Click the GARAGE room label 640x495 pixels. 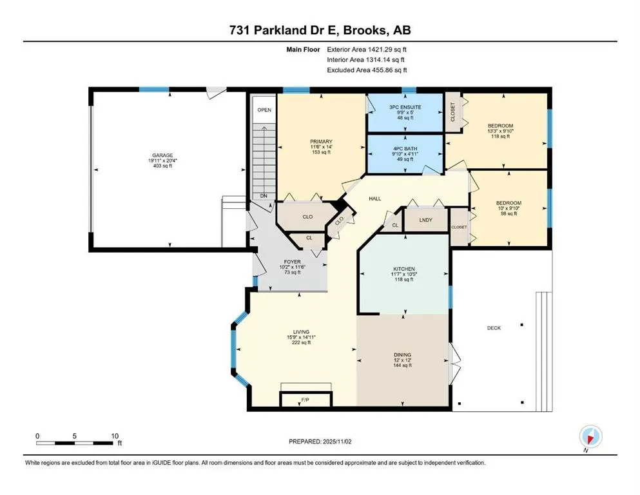(x=162, y=155)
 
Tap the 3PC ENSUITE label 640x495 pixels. (x=405, y=107)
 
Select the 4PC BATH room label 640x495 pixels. (x=405, y=149)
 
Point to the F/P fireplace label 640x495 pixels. (x=305, y=400)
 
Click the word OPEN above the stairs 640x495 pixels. (x=264, y=110)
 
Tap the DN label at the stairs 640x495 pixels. (x=264, y=196)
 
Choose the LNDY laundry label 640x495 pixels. (x=426, y=220)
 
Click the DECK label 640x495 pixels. (x=494, y=327)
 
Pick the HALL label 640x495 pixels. (x=374, y=199)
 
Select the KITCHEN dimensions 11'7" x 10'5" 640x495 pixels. (x=404, y=274)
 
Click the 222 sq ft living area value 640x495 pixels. (x=301, y=342)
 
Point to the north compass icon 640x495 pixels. (x=590, y=437)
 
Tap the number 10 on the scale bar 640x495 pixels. (x=115, y=436)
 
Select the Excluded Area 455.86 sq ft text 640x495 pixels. (x=367, y=70)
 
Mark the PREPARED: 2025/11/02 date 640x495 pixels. (x=320, y=442)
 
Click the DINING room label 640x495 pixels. (x=402, y=355)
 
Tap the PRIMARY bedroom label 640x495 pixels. (x=321, y=142)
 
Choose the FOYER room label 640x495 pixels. (x=292, y=262)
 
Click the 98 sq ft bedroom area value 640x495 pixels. (x=509, y=213)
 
